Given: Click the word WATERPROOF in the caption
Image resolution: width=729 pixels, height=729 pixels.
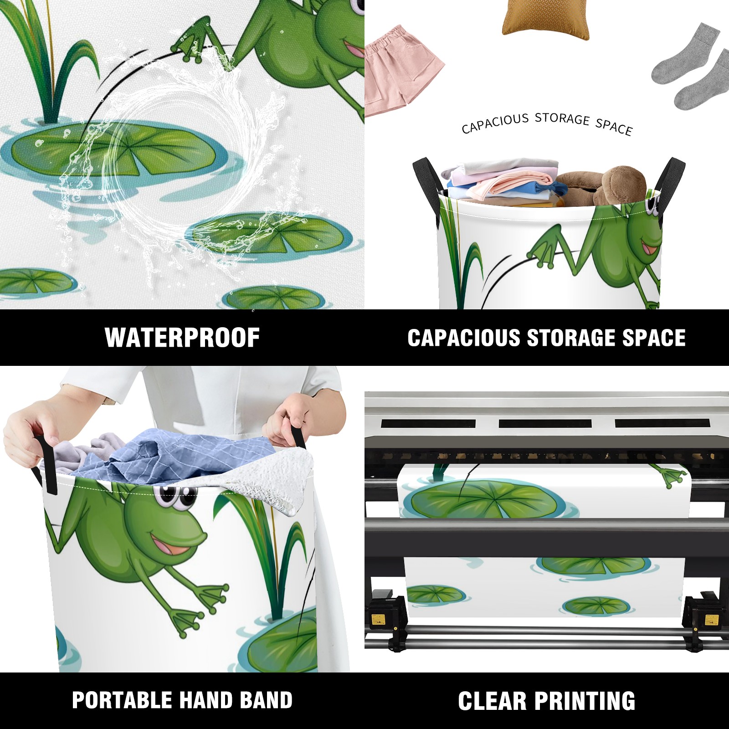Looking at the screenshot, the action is (182, 338).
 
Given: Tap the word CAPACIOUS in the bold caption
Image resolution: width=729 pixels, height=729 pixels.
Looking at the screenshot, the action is (464, 338).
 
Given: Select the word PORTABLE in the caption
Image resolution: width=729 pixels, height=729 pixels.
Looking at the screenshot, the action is (122, 700).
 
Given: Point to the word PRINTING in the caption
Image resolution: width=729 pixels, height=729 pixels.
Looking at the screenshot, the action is (585, 701).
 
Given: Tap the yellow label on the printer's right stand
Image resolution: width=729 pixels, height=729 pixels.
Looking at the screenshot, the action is (712, 620).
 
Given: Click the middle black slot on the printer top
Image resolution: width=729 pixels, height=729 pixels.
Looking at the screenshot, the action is (545, 423).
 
